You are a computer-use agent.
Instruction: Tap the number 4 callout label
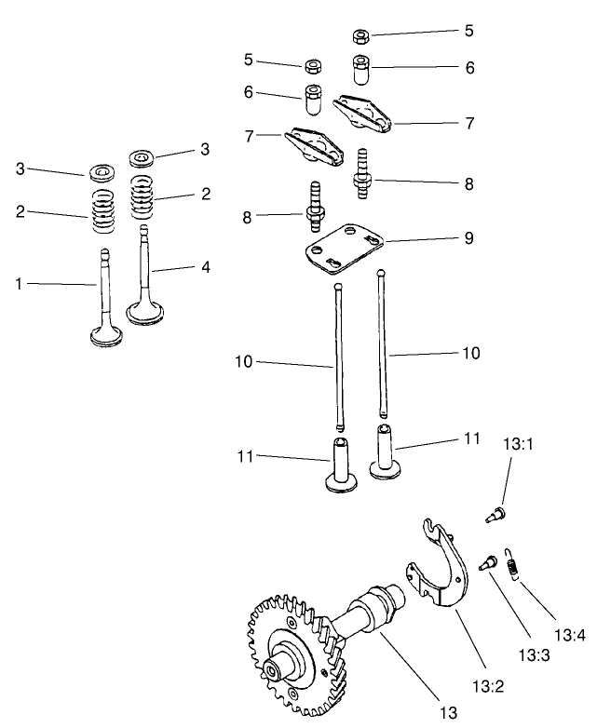point(206,267)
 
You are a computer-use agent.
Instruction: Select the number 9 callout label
point(468,238)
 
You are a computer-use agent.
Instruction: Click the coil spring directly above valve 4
point(142,197)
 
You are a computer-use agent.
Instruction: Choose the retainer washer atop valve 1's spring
point(100,173)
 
